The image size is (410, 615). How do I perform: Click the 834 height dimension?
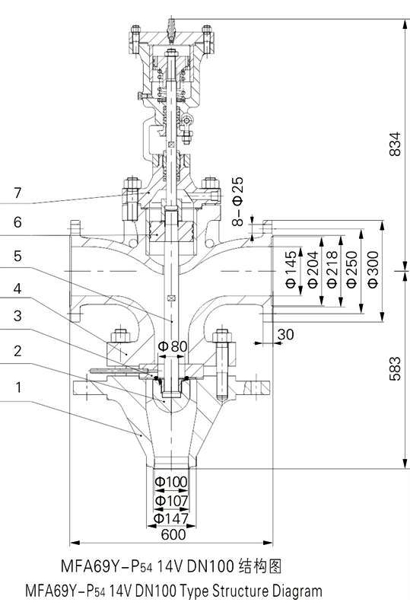(396, 145)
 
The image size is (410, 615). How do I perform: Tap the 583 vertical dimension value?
(396, 368)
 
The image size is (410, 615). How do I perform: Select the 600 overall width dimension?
(173, 534)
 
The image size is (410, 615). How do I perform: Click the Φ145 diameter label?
(291, 269)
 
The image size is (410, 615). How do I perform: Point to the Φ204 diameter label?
(313, 269)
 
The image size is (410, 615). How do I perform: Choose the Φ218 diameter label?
(332, 269)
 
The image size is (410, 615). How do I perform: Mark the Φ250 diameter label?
(352, 269)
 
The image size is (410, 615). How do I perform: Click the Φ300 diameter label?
(373, 269)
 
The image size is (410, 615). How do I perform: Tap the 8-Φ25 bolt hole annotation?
(238, 201)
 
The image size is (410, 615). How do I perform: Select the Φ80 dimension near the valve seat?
(173, 346)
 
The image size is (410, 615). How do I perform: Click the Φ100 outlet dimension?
(171, 482)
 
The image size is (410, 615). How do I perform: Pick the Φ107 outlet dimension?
(171, 501)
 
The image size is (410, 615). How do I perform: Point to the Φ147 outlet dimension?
(171, 518)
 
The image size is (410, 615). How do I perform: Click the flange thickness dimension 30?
(286, 335)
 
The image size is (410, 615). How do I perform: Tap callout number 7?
(17, 193)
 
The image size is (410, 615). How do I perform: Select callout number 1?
(18, 387)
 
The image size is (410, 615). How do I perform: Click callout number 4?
(17, 288)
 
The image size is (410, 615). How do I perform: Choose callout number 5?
(17, 256)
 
